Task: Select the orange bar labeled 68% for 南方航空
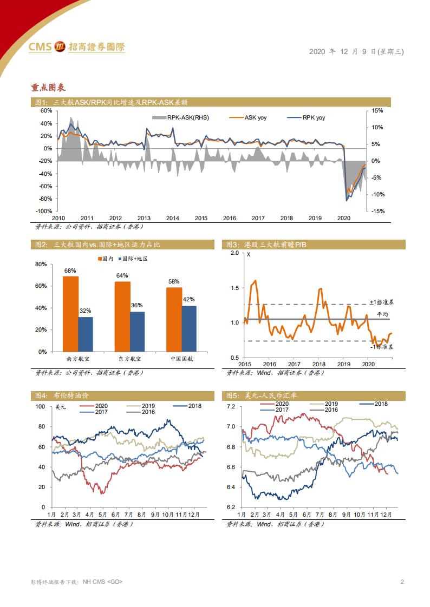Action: coord(70,314)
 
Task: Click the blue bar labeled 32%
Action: coord(86,334)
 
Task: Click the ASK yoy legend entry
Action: coord(248,117)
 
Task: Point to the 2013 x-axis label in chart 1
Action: coord(144,218)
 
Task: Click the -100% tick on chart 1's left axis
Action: coord(45,211)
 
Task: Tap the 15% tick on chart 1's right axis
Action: coord(378,110)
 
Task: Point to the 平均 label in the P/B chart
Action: coord(383,314)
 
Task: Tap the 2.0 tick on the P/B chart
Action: coord(234,253)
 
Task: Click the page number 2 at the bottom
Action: coord(402,582)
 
